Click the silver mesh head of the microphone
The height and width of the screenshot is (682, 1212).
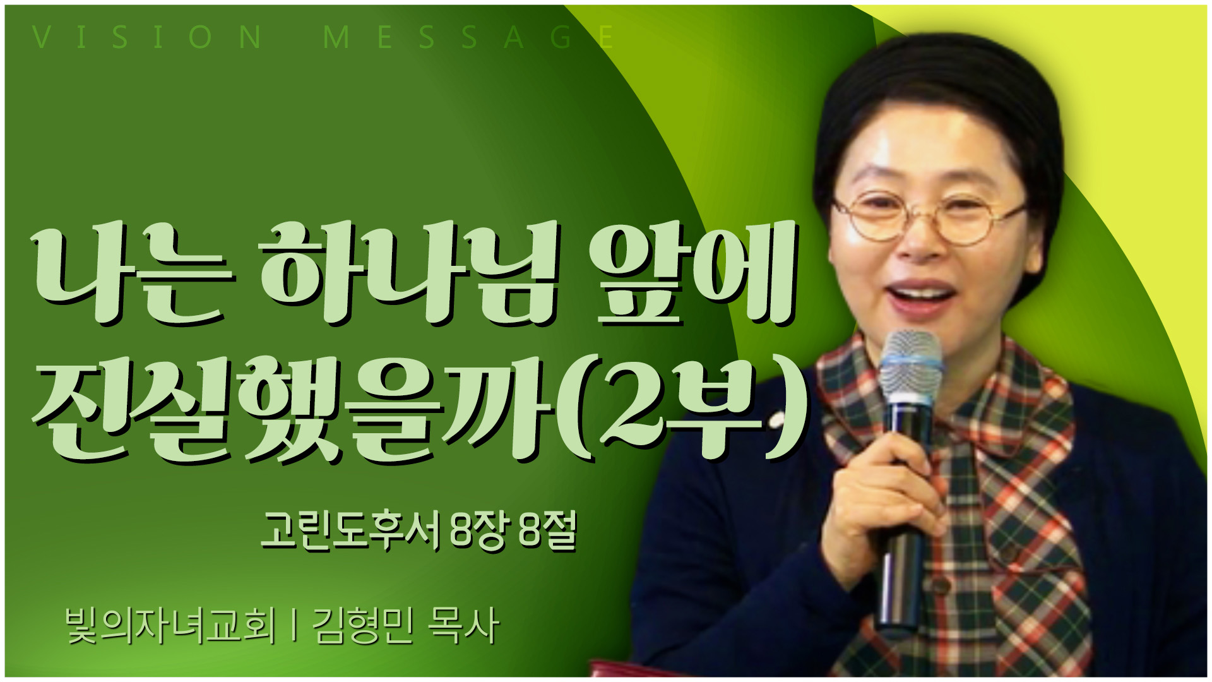[910, 369]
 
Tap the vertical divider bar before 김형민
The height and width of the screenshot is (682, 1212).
[294, 626]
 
